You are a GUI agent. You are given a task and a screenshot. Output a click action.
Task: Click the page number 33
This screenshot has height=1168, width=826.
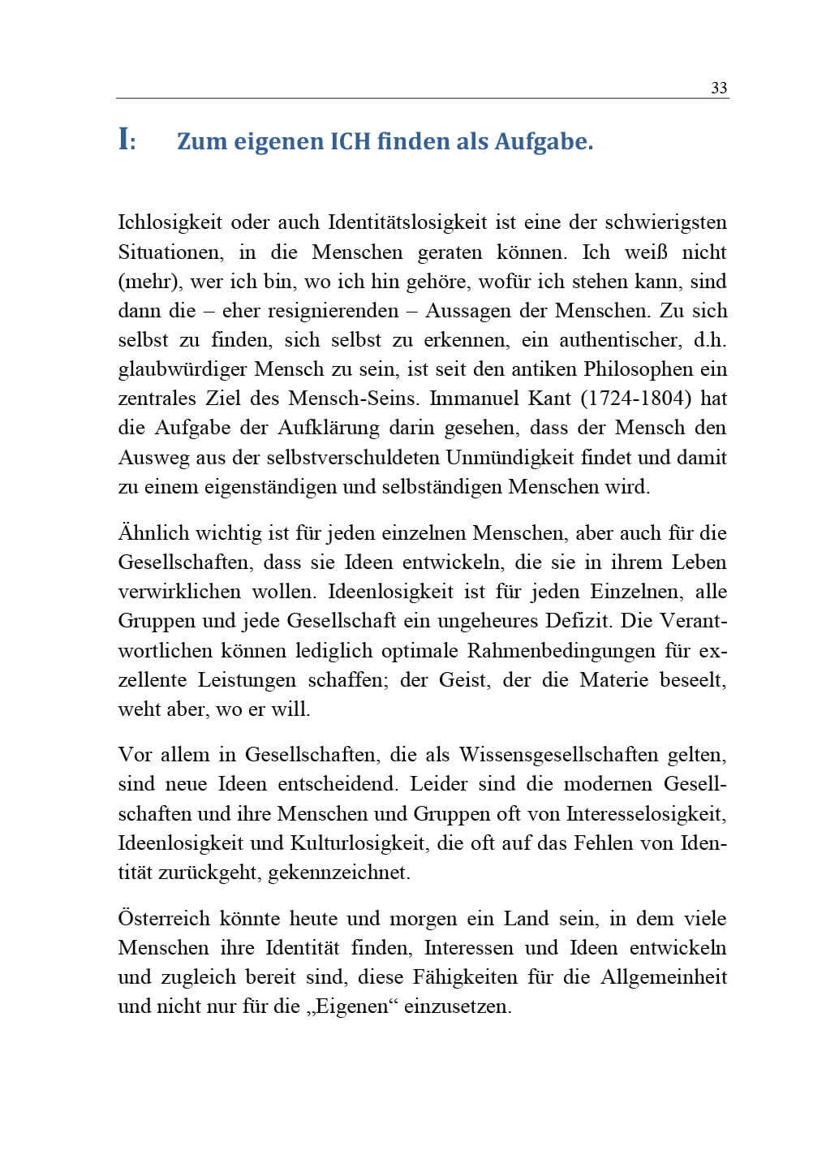click(719, 88)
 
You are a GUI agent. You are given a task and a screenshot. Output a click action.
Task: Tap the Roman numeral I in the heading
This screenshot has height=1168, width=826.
click(123, 140)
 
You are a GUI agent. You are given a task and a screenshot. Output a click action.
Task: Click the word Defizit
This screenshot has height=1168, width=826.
click(585, 621)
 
